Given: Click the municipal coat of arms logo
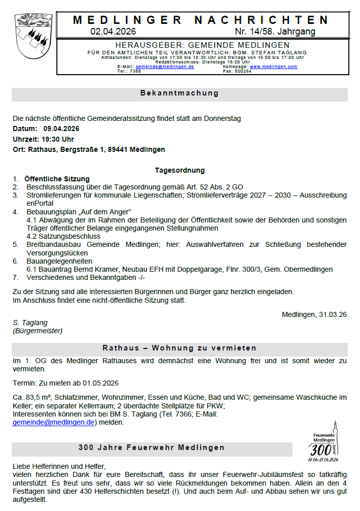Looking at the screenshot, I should [34, 37].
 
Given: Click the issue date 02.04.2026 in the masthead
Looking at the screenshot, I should [110, 31].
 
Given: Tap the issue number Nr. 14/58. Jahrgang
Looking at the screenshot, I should [275, 31].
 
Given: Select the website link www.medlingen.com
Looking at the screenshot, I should [273, 67].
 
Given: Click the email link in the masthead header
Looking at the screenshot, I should [165, 67].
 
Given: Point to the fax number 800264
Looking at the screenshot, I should [242, 71].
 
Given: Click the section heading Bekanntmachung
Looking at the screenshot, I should [179, 93].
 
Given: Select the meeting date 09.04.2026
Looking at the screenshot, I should [61, 129].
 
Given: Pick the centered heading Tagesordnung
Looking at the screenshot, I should [179, 171].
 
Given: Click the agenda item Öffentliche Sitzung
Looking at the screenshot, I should [57, 179].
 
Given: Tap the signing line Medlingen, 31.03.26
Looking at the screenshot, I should [314, 314].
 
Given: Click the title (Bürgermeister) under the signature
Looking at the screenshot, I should [38, 331].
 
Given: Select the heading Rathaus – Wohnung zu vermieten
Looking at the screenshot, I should [179, 348].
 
